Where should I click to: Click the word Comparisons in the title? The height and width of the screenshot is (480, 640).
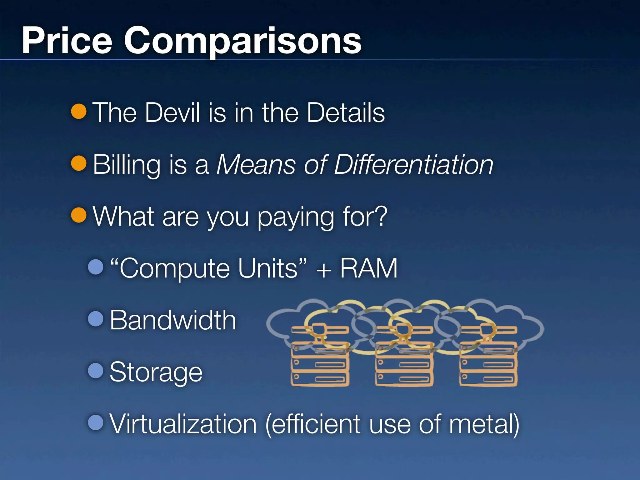pyautogui.click(x=242, y=41)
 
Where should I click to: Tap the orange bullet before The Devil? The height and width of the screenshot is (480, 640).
pyautogui.click(x=79, y=111)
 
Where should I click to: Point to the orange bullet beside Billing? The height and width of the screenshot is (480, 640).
pyautogui.click(x=79, y=163)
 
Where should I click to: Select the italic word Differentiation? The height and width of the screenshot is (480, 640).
pyautogui.click(x=413, y=165)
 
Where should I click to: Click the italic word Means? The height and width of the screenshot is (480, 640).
pyautogui.click(x=256, y=165)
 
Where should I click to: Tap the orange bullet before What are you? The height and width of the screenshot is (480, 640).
pyautogui.click(x=79, y=215)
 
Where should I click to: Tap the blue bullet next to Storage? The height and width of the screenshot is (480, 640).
pyautogui.click(x=96, y=370)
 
